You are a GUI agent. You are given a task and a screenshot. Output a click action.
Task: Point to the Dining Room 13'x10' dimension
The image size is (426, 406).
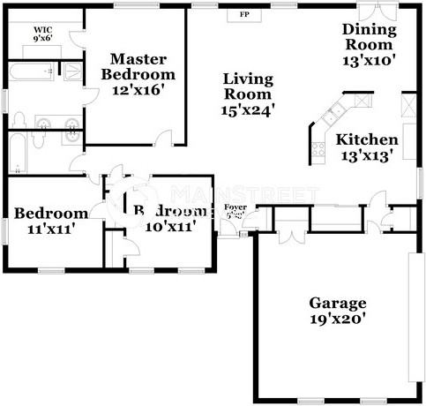pos(369,61)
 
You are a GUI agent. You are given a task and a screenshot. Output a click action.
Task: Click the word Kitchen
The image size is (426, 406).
pos(367,139)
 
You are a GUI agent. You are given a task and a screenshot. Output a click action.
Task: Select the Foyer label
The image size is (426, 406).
pos(236,208)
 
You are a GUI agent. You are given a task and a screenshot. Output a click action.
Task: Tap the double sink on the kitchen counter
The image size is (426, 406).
pos(333,114)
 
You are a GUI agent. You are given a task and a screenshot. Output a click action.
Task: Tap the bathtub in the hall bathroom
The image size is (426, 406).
pos(17,154)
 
